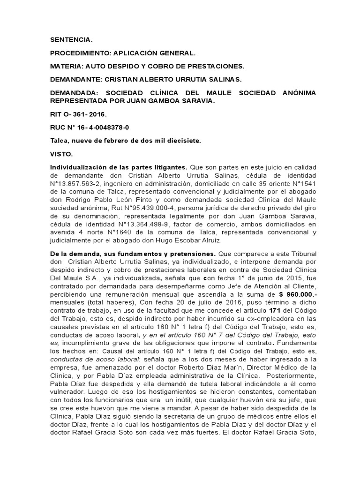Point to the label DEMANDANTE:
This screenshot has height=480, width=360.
(x=75, y=80)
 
